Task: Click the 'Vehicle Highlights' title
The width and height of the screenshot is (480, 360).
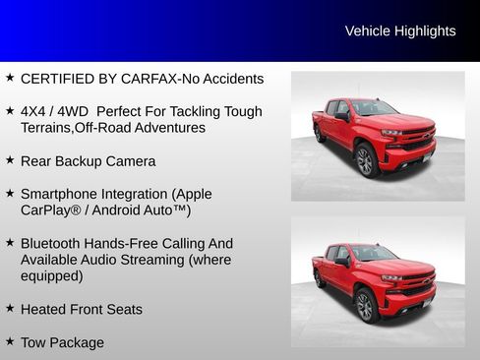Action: [400, 31]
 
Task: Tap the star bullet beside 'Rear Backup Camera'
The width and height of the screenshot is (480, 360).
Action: [10, 159]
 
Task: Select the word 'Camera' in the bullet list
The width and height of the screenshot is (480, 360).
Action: [130, 161]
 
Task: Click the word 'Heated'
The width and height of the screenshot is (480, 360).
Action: [43, 309]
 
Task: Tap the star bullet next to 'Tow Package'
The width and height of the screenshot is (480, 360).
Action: [10, 341]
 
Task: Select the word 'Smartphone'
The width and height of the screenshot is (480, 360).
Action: [62, 195]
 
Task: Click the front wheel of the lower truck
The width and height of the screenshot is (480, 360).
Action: [365, 305]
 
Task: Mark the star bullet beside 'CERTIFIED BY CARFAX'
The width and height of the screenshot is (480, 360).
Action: [10, 77]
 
